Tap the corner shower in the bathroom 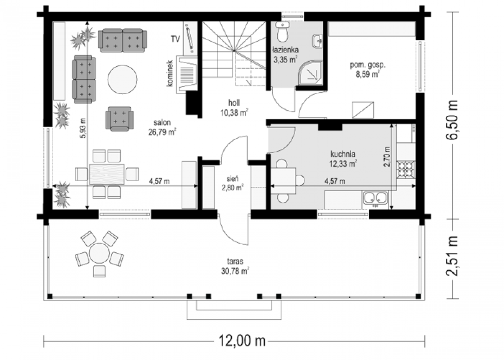pos(311,73)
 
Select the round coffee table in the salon pos(123,79)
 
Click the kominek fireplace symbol pos(186,74)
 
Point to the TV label pos(175,39)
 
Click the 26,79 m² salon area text pos(162,132)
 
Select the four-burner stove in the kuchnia pos(406,169)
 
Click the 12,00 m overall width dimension pos(242,341)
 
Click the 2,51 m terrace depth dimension pos(451,256)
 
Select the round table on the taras pos(99,253)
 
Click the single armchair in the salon pos(119,119)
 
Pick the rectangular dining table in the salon pos(107,174)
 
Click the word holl pos(234,103)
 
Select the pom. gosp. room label pos(368,65)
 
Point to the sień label pos(232,179)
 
